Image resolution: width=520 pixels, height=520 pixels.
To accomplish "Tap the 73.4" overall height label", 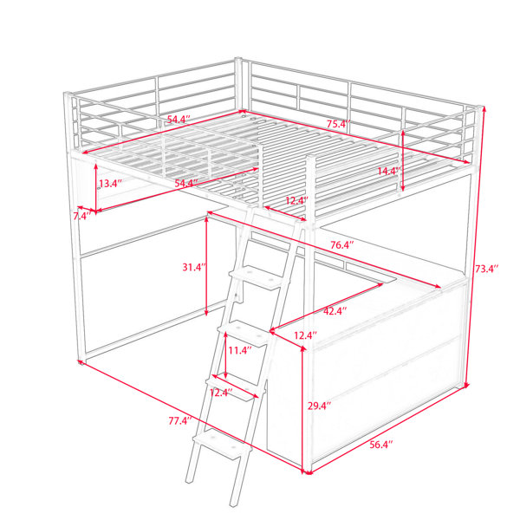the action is (487, 269).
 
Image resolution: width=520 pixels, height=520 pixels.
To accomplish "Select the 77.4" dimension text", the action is (180, 421).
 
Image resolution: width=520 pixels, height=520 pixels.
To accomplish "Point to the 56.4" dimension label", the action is (381, 445).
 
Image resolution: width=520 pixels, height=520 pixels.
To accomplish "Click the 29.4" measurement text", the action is (320, 406).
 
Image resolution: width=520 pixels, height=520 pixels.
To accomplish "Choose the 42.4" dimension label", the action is (335, 311).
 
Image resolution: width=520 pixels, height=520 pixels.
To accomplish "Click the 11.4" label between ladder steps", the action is (240, 350).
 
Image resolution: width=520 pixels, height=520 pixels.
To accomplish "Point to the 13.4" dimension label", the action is (111, 183).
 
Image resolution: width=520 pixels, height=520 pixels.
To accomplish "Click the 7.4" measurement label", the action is (82, 216).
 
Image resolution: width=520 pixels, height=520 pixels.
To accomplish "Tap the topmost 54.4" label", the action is (179, 120).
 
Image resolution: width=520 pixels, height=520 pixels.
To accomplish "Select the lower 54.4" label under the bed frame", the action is (186, 183).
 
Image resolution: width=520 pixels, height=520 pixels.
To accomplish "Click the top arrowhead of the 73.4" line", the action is (484, 108).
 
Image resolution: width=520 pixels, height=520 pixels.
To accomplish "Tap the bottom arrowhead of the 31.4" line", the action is (206, 313).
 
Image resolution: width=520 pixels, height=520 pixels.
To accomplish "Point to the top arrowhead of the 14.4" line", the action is (403, 133).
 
